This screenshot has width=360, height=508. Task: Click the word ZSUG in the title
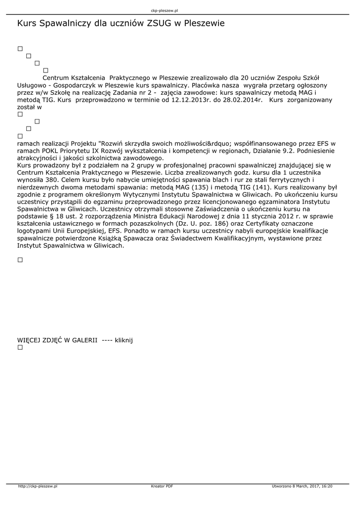(x=158, y=23)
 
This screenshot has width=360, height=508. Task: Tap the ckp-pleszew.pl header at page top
(x=164, y=10)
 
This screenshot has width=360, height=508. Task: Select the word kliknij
(x=124, y=340)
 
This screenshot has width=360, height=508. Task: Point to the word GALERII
(x=84, y=340)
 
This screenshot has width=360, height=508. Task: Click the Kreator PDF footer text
(x=162, y=487)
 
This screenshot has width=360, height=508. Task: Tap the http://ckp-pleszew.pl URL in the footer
(x=38, y=487)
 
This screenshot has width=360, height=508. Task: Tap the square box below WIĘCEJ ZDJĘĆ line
(x=20, y=348)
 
